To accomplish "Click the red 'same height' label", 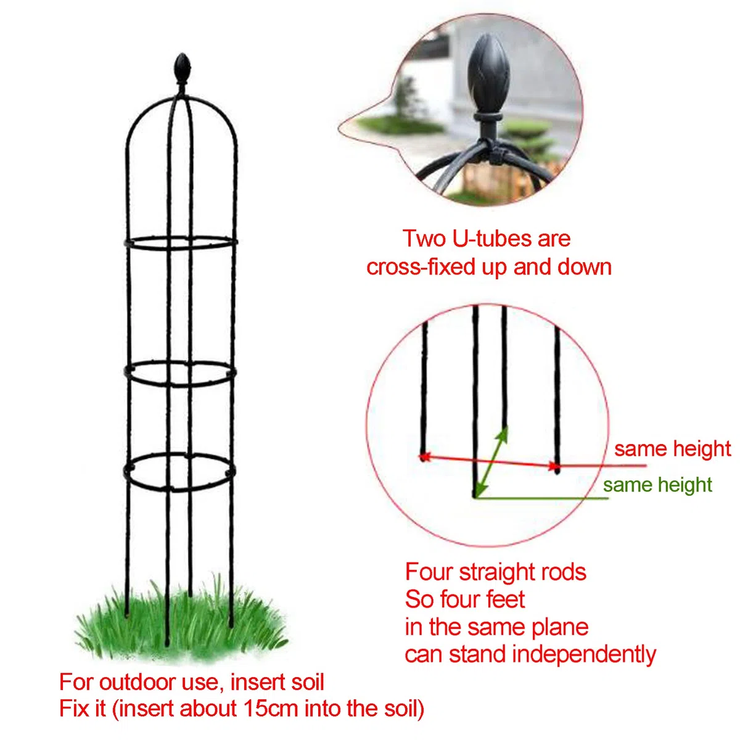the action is tap(672, 448).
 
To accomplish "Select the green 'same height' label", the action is tap(657, 485).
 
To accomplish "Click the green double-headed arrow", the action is tap(491, 461).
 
